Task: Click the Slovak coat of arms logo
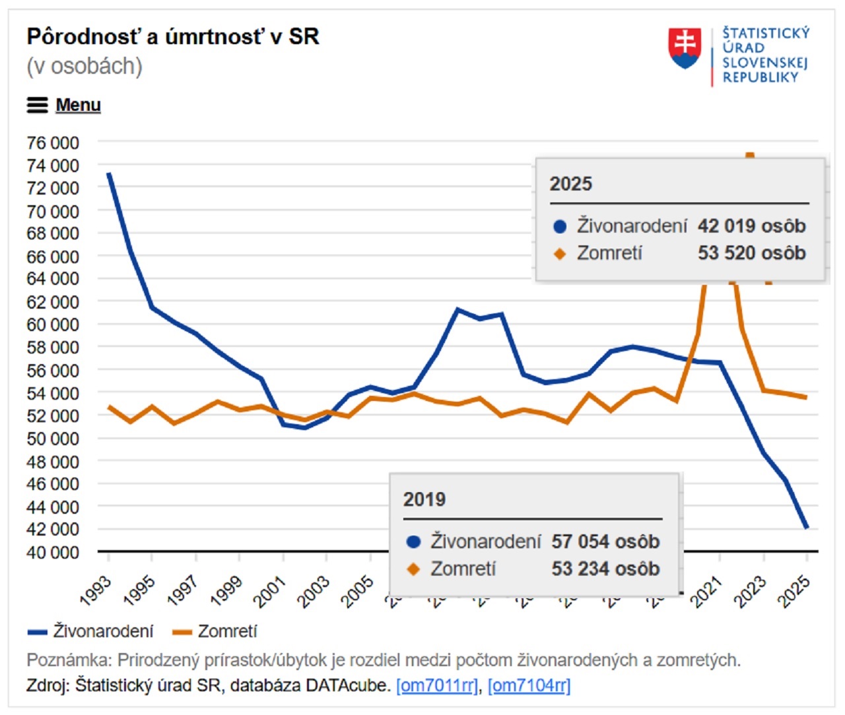(685, 48)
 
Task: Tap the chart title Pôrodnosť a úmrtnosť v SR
(173, 37)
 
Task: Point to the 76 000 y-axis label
(53, 142)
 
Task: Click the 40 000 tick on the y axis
(53, 552)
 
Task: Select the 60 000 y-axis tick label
(53, 325)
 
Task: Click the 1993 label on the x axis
(96, 590)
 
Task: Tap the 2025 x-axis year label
(794, 590)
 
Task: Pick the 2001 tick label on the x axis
(271, 590)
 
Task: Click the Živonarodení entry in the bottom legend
(90, 631)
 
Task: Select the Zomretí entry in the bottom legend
(215, 631)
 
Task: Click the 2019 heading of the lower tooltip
(424, 499)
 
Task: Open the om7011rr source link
(436, 685)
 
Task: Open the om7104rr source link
(529, 685)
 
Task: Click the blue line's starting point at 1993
(109, 174)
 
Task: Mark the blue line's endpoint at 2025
(806, 528)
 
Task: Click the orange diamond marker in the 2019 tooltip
(414, 569)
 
